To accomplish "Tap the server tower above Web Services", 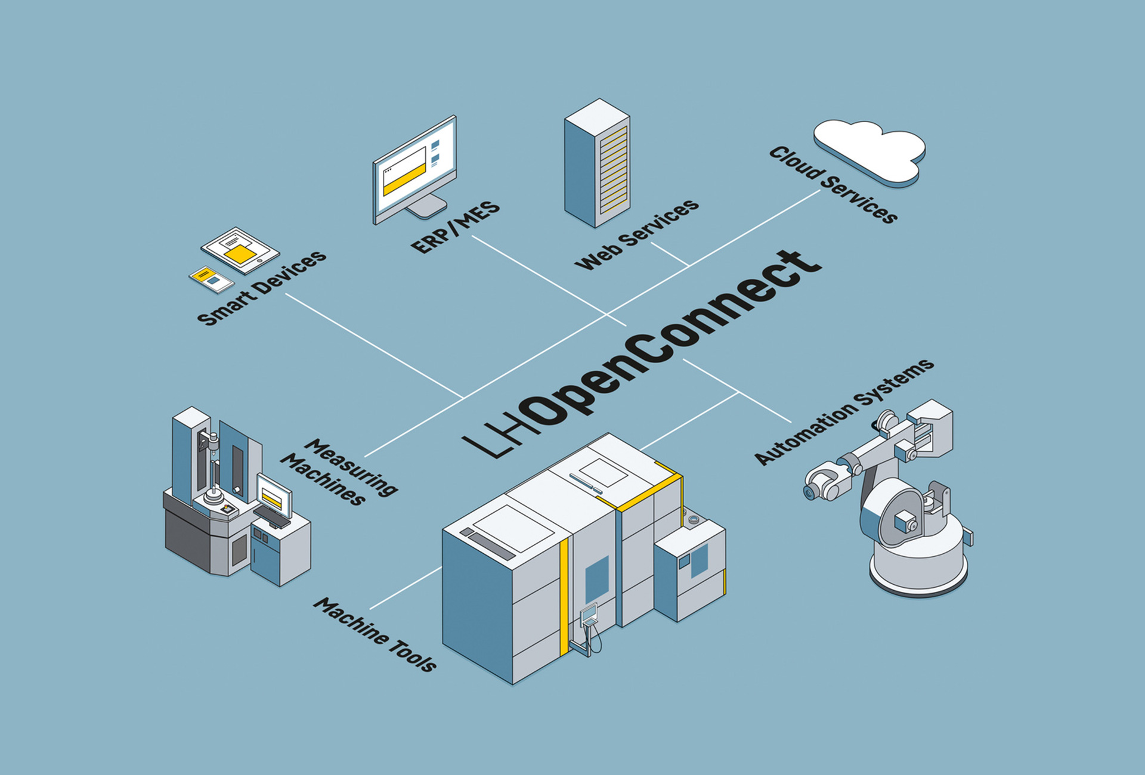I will click(597, 163).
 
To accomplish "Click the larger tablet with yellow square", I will click(240, 250).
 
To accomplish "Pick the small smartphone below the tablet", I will click(212, 279).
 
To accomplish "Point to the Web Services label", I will click(636, 234).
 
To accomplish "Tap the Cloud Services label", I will click(833, 184).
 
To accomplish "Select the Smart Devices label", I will click(262, 288).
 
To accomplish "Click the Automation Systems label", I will click(843, 411).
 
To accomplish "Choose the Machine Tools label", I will click(375, 635).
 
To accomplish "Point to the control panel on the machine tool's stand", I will click(589, 613).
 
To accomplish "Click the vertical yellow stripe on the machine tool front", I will click(564, 596).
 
